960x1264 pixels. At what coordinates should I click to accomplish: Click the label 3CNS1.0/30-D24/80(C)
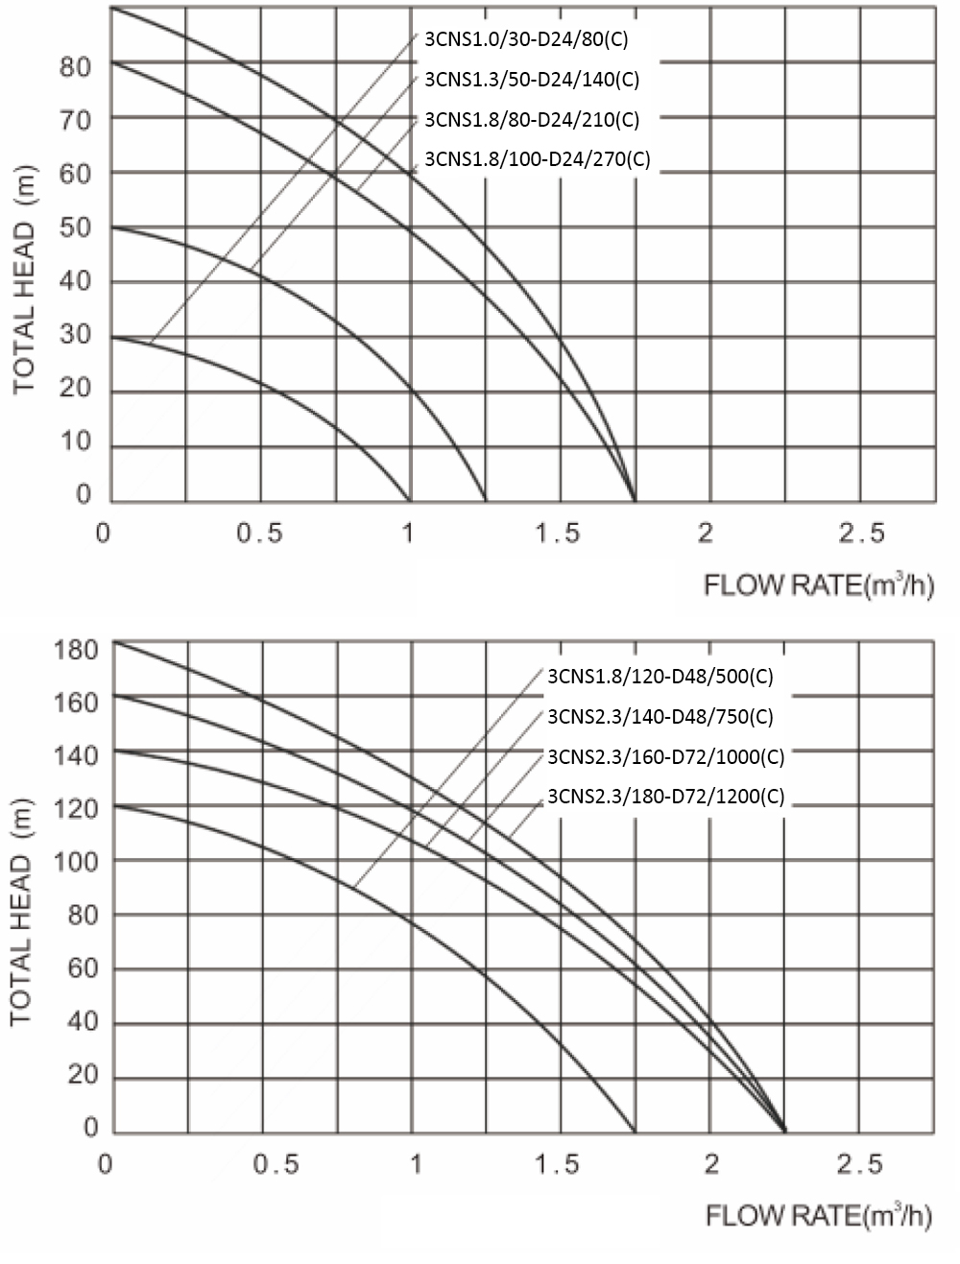point(525,39)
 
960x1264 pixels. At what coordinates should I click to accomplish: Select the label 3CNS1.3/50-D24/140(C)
point(531,80)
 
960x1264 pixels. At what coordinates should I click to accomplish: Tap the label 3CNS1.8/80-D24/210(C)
point(531,120)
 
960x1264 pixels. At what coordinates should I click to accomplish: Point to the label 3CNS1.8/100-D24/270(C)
point(537,159)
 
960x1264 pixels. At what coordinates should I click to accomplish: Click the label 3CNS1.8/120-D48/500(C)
point(660,677)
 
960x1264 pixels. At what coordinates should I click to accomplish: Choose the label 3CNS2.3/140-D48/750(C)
point(660,717)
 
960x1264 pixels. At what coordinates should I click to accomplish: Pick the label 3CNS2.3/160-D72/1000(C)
point(665,756)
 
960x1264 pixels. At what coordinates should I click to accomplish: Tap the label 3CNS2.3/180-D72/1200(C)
point(665,797)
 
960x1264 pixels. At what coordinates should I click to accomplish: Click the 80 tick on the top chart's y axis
point(75,67)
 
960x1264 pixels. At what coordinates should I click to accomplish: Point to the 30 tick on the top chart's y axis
point(75,335)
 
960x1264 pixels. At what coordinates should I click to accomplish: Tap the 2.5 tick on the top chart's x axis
point(861,534)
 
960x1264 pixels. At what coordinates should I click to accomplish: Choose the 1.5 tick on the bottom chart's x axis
point(557,1165)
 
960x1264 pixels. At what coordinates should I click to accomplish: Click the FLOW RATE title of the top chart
point(819,585)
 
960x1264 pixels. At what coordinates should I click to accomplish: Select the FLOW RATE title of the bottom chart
point(819,1216)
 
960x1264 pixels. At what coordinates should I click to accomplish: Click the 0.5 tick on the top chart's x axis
point(260,534)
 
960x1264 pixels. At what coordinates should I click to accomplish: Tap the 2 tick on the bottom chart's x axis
point(711,1165)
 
